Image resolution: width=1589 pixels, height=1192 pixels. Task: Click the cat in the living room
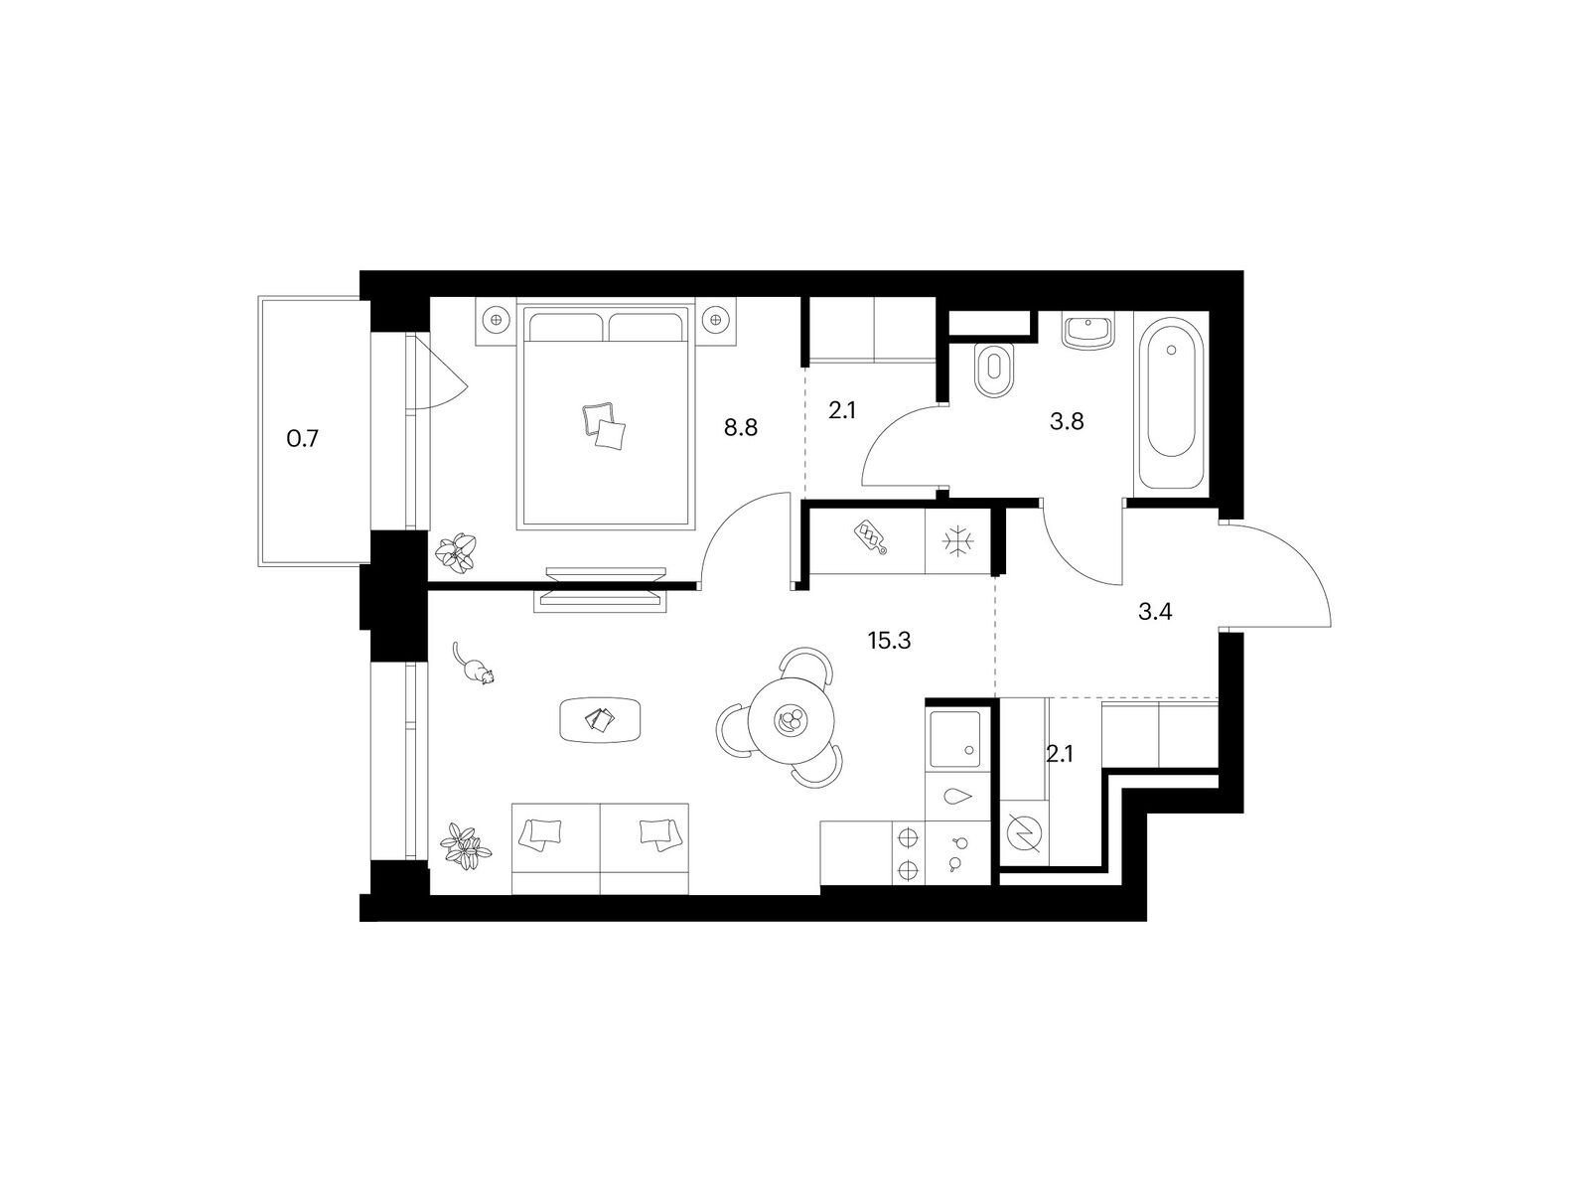click(473, 664)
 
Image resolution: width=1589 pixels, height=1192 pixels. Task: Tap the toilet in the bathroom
click(995, 370)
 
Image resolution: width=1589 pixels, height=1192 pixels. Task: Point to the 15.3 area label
click(889, 641)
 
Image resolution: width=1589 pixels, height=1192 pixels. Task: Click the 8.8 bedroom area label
click(741, 427)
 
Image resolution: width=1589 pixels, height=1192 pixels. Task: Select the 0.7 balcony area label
click(303, 439)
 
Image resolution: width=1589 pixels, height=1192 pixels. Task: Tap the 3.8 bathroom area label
click(1067, 421)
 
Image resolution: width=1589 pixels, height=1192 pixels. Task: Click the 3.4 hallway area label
click(1155, 612)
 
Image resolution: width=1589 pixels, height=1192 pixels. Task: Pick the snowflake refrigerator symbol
click(957, 541)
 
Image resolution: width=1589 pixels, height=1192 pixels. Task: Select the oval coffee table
click(600, 719)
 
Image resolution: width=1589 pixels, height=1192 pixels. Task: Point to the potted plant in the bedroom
click(456, 553)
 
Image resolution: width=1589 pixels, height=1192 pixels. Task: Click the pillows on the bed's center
click(603, 425)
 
